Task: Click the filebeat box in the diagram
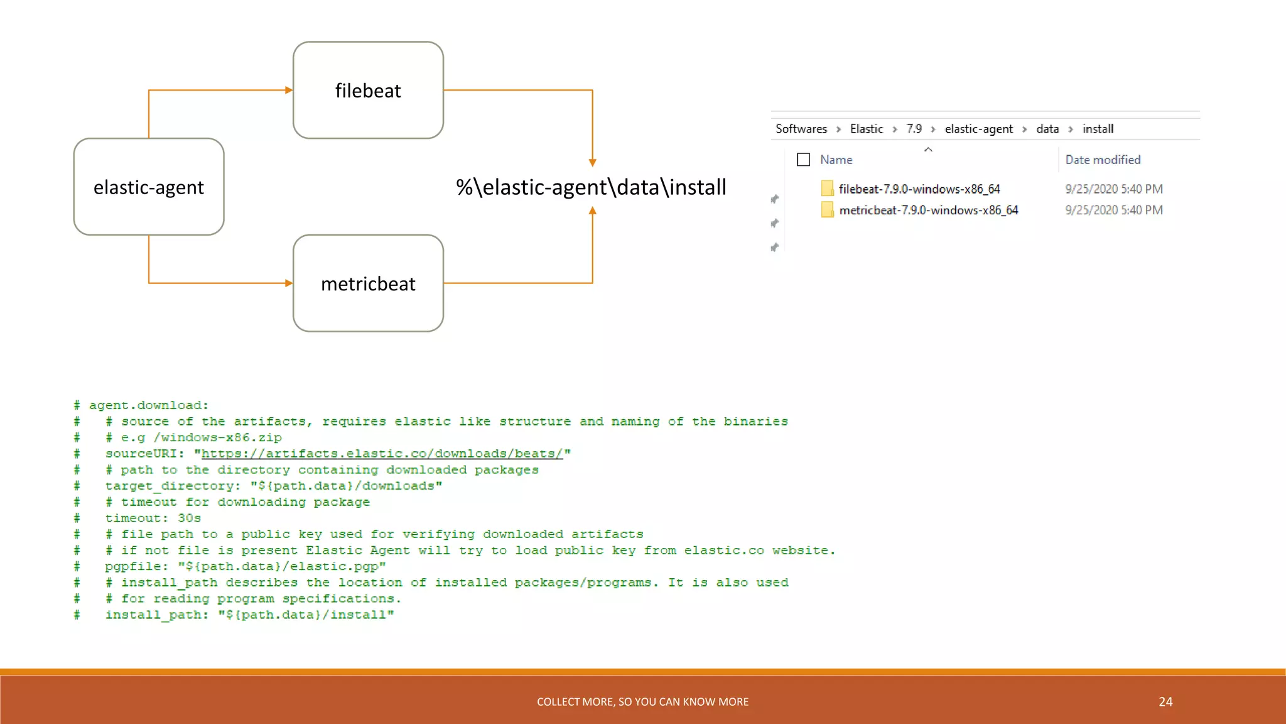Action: [x=368, y=90]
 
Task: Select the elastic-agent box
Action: [x=149, y=187]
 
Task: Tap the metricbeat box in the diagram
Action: [x=368, y=283]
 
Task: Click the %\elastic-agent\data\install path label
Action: [x=591, y=187]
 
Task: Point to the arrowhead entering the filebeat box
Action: [x=289, y=90]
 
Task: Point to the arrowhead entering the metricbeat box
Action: [x=289, y=283]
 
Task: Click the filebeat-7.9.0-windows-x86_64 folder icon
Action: [x=827, y=189]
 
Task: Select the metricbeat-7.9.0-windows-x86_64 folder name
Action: [x=929, y=211]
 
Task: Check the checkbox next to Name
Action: [x=803, y=160]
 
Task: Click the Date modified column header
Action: [x=1103, y=160]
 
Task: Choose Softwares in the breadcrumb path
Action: [x=801, y=129]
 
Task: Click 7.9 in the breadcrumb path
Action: [x=914, y=129]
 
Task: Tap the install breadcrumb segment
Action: [x=1098, y=129]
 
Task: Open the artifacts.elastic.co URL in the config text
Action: [x=382, y=454]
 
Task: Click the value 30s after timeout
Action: [x=189, y=518]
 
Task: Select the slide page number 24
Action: [x=1165, y=702]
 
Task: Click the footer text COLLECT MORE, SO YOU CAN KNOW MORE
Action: [x=642, y=702]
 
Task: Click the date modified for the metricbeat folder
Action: [x=1113, y=211]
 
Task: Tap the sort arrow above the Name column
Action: [x=928, y=150]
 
